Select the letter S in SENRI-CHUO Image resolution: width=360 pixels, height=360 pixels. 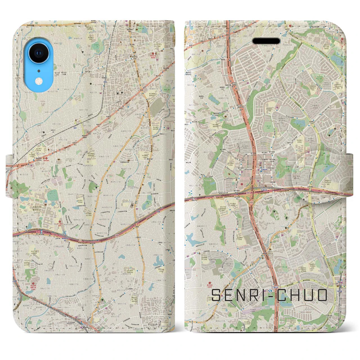coord(217,295)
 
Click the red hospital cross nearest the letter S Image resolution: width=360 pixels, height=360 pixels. coord(209,284)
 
